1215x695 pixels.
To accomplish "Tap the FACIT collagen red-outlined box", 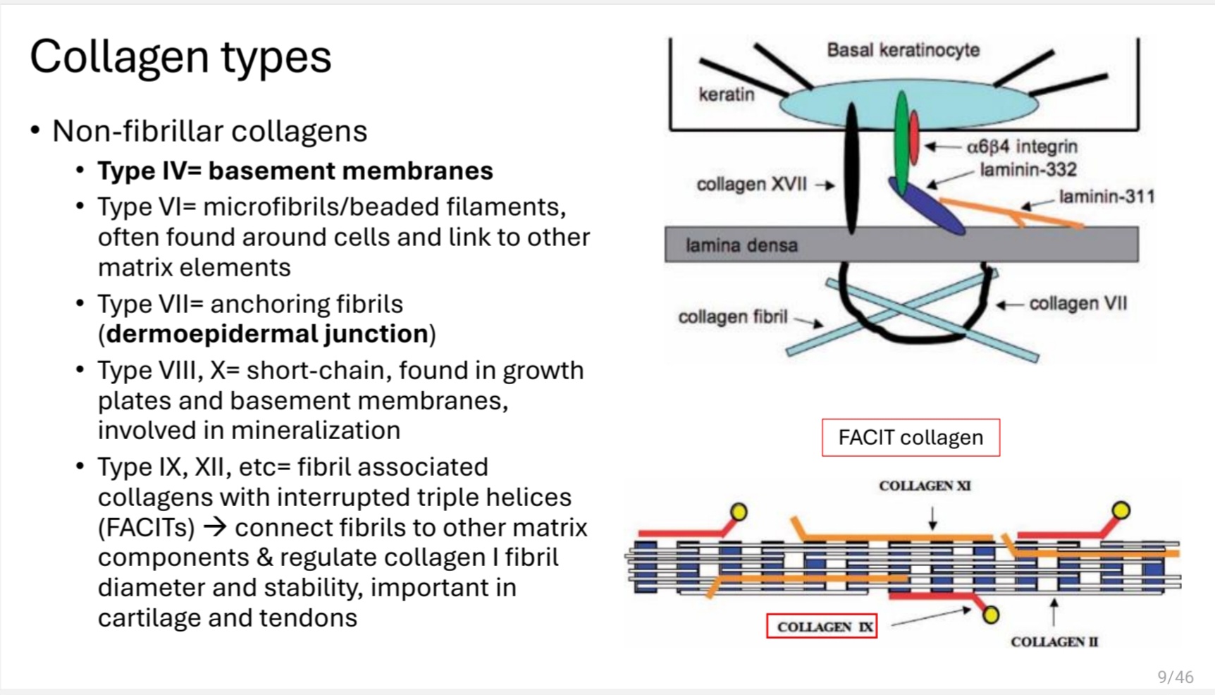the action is [x=911, y=438].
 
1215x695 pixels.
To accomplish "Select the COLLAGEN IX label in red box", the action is [x=822, y=626].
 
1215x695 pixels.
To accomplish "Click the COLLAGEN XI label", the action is [x=925, y=486].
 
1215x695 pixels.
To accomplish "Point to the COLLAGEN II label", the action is [x=1054, y=641].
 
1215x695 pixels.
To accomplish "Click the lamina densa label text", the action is [x=741, y=245].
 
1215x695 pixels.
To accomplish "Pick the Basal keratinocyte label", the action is [x=903, y=50].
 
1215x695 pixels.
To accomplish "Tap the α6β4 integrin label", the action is [x=1022, y=147].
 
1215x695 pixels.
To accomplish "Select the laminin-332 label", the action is [x=1028, y=170].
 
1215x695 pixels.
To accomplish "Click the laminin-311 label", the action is [x=1106, y=197].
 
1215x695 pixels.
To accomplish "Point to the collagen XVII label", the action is [x=751, y=185].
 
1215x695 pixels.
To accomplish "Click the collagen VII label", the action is [x=1078, y=304].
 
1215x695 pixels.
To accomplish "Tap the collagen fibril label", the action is [x=733, y=317].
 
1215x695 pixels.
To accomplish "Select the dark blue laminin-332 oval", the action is [x=927, y=205].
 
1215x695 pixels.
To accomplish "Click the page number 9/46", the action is [x=1176, y=677].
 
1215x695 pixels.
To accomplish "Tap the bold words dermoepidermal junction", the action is [x=268, y=334].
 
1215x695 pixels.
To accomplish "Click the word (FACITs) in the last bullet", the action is [x=146, y=528].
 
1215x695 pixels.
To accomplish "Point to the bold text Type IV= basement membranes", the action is [x=295, y=171].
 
